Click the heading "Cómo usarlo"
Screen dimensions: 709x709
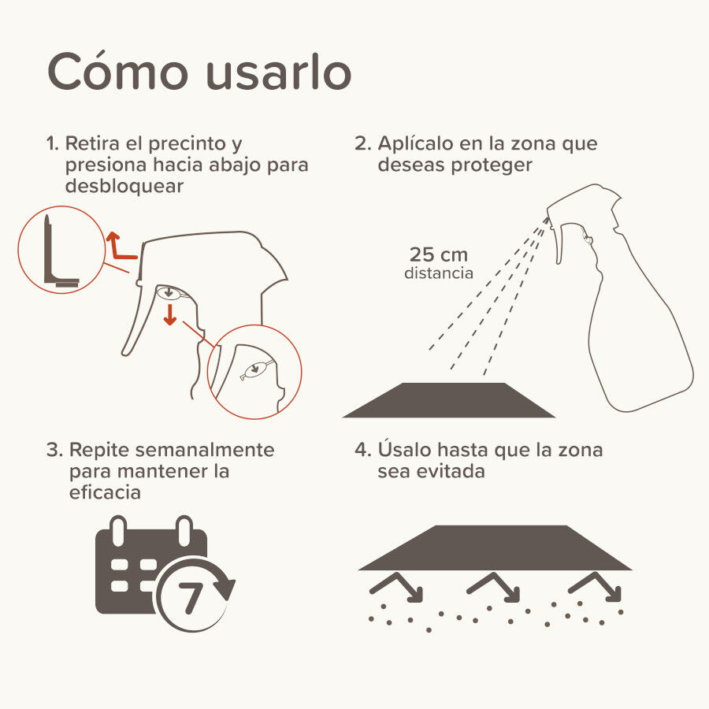tap(199, 71)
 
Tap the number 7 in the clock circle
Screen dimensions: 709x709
tap(191, 598)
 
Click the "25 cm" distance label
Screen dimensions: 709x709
tap(439, 254)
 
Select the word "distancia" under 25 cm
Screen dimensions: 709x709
tap(439, 273)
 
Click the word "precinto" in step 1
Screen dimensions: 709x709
tap(187, 144)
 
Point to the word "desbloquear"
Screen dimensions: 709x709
tap(124, 186)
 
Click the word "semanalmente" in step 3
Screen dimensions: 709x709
tap(204, 450)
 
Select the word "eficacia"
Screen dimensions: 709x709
tap(105, 492)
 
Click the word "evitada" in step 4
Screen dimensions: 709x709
tap(451, 471)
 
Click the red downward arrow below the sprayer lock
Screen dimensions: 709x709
tap(170, 314)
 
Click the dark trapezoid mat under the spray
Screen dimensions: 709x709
tap(448, 400)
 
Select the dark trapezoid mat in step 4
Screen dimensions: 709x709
tap(496, 548)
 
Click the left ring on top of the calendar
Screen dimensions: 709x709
tap(118, 531)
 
